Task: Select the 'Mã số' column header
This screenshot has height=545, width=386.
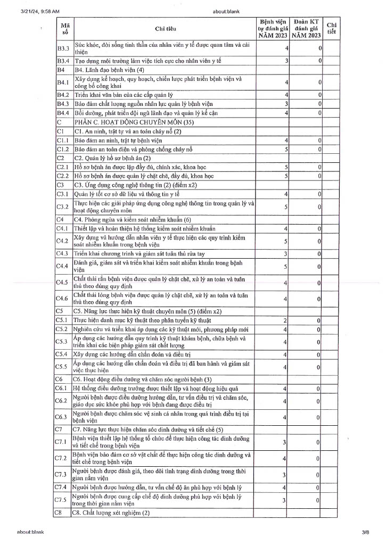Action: click(65, 28)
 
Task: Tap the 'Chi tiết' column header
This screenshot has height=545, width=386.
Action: click(331, 28)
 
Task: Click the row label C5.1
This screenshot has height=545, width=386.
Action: click(63, 320)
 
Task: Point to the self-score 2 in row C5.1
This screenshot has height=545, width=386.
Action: click(285, 320)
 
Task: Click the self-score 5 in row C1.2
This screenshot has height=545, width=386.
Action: click(286, 150)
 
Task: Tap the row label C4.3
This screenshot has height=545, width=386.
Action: click(63, 253)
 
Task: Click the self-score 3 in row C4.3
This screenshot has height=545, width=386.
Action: click(286, 253)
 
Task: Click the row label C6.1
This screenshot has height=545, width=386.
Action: click(62, 389)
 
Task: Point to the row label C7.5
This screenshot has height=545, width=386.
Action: click(62, 500)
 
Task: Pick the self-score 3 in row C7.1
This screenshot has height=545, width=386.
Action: click(285, 442)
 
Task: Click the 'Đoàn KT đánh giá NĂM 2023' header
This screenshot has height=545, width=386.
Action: click(306, 28)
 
